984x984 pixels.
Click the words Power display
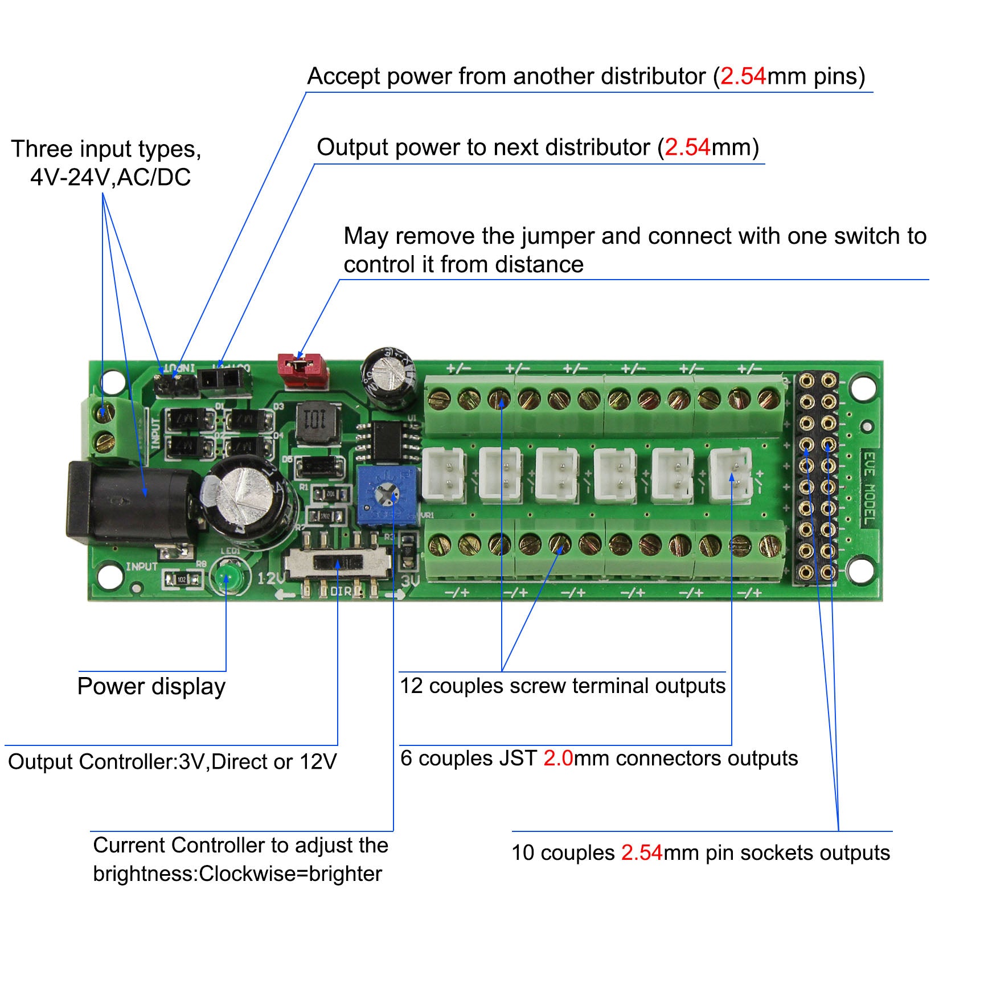[151, 687]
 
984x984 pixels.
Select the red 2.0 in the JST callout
[557, 758]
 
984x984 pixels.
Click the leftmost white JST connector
[443, 475]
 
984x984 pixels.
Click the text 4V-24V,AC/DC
[110, 178]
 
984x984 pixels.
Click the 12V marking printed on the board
[270, 579]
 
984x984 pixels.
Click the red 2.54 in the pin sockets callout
[642, 853]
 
